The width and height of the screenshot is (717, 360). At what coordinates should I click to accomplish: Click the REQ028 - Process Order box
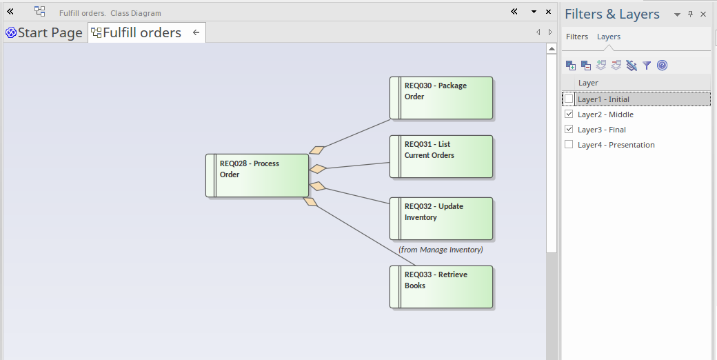point(257,176)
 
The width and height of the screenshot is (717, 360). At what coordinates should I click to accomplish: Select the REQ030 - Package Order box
point(441,98)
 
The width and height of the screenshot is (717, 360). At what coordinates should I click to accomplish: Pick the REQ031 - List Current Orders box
point(441,157)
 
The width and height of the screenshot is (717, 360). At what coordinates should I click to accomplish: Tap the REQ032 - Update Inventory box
point(441,219)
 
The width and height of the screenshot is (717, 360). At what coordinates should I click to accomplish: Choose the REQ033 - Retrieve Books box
point(441,287)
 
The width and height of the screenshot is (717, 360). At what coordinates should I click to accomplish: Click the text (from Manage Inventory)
point(441,250)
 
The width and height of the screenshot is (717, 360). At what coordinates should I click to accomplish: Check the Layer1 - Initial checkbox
point(569,99)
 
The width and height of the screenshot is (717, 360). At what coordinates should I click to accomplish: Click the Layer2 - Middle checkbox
point(569,114)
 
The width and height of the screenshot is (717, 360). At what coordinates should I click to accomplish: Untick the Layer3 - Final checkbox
point(569,129)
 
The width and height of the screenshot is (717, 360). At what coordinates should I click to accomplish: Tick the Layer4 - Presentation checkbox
point(569,144)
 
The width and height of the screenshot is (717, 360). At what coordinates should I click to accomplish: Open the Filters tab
point(577,37)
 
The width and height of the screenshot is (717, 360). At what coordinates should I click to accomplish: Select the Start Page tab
point(45,32)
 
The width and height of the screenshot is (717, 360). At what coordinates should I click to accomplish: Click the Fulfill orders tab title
point(142,32)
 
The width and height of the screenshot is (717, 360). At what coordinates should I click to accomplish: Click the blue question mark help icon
point(662,66)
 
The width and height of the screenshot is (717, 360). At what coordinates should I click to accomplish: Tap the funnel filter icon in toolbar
point(647,66)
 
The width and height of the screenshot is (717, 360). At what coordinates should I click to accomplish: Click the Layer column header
point(588,83)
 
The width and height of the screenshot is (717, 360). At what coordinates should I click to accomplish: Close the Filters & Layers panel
point(703,14)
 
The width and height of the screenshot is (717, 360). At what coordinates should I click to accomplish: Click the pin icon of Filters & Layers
point(691,14)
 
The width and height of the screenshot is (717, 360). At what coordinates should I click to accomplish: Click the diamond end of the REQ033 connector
point(310,201)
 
